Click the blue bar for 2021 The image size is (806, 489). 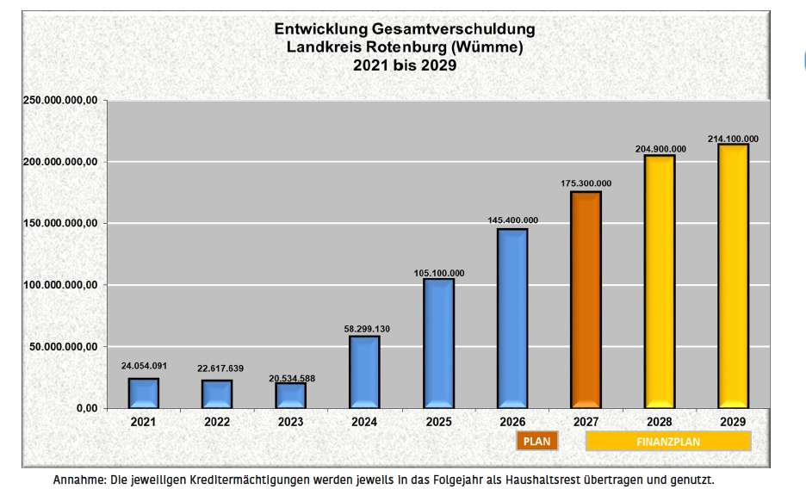point(144,393)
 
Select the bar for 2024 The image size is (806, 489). point(364,371)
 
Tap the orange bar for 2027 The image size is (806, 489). point(586,299)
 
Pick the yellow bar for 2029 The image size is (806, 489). point(733,275)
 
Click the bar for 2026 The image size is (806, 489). point(512,318)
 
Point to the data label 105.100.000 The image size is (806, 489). point(438,273)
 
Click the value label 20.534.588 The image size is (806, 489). point(291,379)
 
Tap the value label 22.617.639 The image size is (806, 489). point(218,368)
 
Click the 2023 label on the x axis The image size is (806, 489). point(291,422)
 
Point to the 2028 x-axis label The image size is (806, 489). point(659,422)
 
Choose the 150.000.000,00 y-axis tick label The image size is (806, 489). point(58,223)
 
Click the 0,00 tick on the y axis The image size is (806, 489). point(84,407)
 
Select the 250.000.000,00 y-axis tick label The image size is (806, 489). point(58,101)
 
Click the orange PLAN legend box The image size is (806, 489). point(537,442)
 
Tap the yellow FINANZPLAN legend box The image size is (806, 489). point(668,442)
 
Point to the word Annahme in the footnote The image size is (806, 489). point(78,479)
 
